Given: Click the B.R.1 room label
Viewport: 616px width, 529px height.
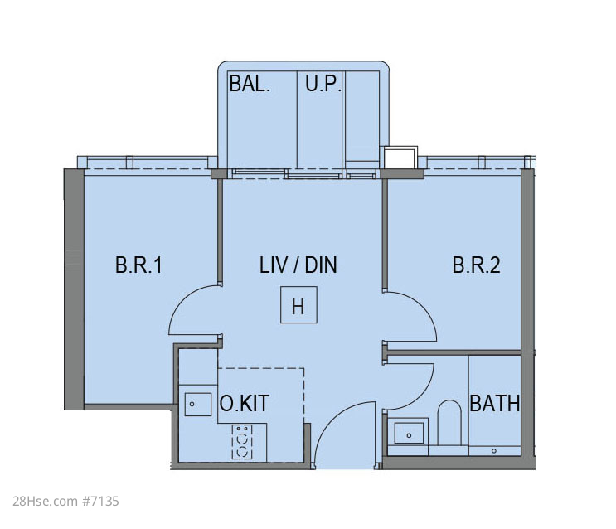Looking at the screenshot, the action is (x=138, y=264).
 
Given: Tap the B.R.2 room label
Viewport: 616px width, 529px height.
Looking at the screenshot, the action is (x=476, y=264).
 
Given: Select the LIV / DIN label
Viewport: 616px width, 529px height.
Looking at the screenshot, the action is (x=298, y=264).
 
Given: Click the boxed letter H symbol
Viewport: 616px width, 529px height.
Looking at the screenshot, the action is (x=298, y=305).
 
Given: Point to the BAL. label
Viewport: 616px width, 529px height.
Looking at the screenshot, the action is (x=250, y=83).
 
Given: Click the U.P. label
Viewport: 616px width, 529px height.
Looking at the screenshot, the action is (x=323, y=83).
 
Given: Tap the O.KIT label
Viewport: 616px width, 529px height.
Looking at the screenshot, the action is (x=244, y=403).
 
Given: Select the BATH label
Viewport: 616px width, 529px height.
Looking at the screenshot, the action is (x=495, y=403).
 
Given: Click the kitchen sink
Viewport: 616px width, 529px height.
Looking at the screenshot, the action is (x=198, y=404).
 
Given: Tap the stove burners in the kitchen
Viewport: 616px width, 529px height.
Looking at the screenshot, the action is (x=242, y=441).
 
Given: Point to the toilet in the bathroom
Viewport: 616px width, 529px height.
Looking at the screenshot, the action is (x=449, y=424).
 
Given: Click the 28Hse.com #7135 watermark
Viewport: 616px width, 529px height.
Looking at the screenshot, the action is (x=65, y=501).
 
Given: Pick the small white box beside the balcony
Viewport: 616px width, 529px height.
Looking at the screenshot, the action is (x=400, y=158).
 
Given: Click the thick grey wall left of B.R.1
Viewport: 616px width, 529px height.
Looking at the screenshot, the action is (x=74, y=289).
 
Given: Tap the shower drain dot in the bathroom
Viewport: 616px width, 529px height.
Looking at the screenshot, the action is (x=494, y=451).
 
